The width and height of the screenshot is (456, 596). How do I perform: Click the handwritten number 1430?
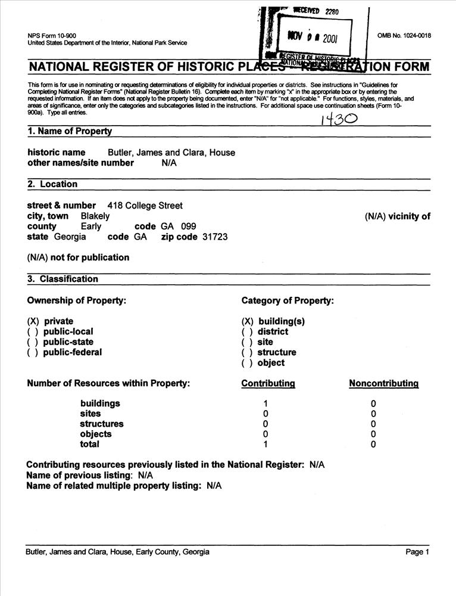pyautogui.click(x=339, y=119)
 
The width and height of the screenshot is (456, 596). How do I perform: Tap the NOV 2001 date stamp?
pyautogui.click(x=312, y=38)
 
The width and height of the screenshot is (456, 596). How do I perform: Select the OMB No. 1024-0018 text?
pyautogui.click(x=404, y=35)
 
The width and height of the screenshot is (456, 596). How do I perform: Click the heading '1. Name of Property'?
pyautogui.click(x=70, y=131)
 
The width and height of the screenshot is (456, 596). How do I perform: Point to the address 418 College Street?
pyautogui.click(x=145, y=206)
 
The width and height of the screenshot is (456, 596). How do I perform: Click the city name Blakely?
pyautogui.click(x=95, y=216)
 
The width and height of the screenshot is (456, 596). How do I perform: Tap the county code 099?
pyautogui.click(x=188, y=226)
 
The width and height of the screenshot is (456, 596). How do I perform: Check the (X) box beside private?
pyautogui.click(x=33, y=321)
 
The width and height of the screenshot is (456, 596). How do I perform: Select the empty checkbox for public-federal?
pyautogui.click(x=33, y=352)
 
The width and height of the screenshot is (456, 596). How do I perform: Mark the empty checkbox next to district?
pyautogui.click(x=247, y=331)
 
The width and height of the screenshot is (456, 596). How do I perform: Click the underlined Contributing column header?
pyautogui.click(x=268, y=384)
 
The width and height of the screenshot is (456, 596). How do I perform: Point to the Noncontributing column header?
pyautogui.click(x=383, y=384)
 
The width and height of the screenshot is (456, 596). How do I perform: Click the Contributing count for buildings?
pyautogui.click(x=266, y=403)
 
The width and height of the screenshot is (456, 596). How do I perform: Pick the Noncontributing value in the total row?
pyautogui.click(x=373, y=444)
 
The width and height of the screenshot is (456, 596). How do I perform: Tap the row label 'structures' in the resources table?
pyautogui.click(x=102, y=424)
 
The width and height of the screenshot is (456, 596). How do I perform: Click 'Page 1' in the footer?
pyautogui.click(x=417, y=552)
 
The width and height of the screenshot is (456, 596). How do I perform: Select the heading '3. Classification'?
pyautogui.click(x=63, y=279)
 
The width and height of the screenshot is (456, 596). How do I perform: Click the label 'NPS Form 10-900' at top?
pyautogui.click(x=51, y=35)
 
